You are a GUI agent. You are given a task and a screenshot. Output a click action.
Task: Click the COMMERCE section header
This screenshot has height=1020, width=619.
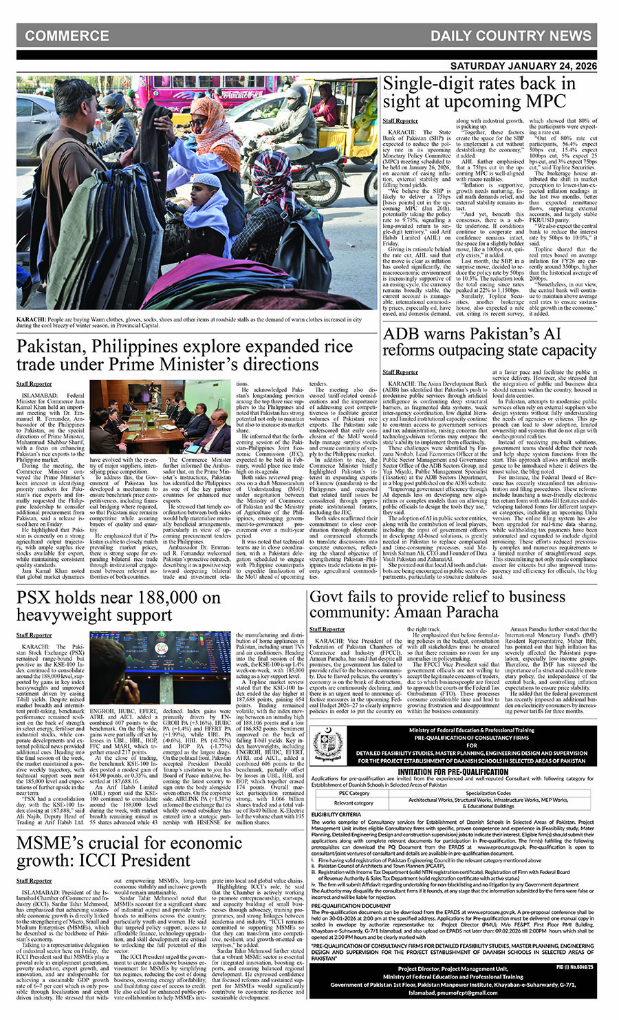pos(67,36)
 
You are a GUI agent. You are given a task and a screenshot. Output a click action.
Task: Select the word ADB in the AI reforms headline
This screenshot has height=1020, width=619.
pos(402,334)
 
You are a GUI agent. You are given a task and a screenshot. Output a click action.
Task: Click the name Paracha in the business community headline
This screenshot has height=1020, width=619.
pos(488,612)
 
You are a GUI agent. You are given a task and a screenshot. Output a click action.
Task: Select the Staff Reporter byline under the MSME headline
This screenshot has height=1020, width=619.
pos(34,880)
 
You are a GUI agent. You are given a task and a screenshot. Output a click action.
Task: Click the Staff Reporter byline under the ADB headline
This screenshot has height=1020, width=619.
pos(400,372)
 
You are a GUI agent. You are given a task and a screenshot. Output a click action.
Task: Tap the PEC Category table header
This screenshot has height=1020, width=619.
pos(354,793)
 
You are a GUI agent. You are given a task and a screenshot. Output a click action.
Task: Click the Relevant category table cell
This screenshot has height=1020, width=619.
pos(354,803)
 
